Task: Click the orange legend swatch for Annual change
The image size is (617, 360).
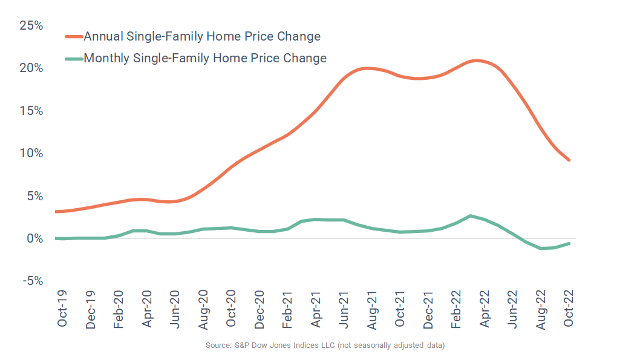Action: (73, 37)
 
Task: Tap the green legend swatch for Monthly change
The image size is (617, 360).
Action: (73, 59)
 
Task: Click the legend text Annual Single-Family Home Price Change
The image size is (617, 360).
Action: (202, 36)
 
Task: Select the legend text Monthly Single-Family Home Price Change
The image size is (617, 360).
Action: (205, 58)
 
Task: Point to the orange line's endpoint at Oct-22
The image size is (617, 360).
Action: (569, 160)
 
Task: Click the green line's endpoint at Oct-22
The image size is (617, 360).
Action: (569, 243)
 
